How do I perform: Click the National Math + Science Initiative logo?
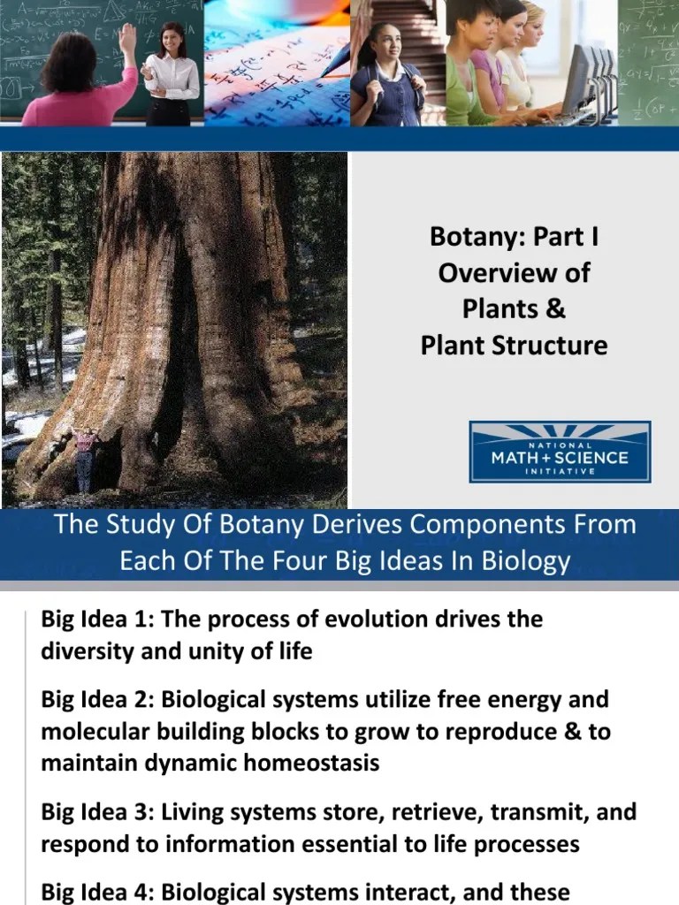[x=560, y=452]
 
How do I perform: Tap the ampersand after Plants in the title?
[x=556, y=309]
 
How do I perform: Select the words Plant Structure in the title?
[x=514, y=345]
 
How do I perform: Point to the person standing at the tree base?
[x=85, y=459]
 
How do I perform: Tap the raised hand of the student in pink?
[x=128, y=37]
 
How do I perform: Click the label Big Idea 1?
[x=95, y=619]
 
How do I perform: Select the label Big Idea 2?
[x=95, y=700]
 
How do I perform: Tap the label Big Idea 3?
[x=95, y=811]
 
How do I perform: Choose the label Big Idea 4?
[x=95, y=891]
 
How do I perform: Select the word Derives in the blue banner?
[x=340, y=524]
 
